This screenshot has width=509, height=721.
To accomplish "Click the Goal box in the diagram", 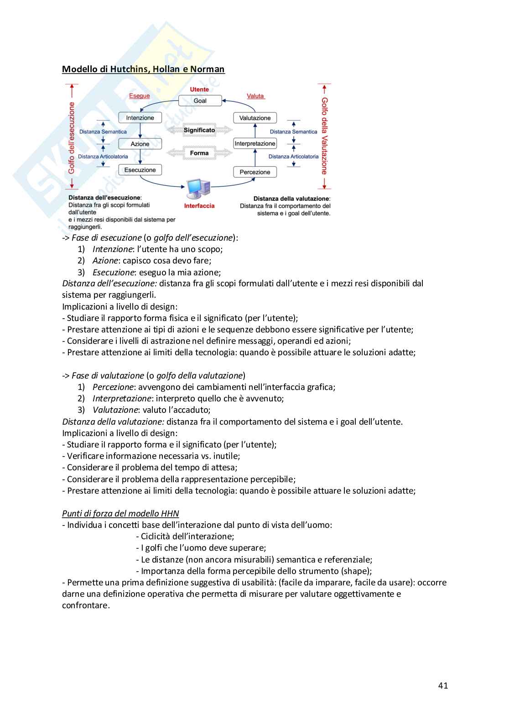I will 200,101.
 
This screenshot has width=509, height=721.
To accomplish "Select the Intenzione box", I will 140,118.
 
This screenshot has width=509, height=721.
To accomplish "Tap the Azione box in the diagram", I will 140,144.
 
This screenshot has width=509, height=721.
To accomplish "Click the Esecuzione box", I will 140,170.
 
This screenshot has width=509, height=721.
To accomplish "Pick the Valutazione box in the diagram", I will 255,118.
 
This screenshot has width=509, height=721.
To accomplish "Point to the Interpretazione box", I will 255,144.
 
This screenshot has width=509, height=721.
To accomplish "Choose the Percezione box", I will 255,172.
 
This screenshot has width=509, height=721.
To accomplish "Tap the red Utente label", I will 199,89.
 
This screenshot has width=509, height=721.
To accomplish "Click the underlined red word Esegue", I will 139,96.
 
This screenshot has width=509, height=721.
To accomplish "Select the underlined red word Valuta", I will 255,96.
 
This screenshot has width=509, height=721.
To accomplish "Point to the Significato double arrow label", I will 199,130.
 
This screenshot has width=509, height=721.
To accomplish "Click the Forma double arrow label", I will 199,153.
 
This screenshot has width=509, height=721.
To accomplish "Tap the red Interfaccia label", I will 199,206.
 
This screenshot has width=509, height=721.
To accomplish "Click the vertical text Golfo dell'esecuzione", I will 72,137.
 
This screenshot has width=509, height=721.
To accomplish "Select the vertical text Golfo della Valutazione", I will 324,136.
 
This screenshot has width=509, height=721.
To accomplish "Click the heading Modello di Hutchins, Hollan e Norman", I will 143,69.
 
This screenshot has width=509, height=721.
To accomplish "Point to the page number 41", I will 443,685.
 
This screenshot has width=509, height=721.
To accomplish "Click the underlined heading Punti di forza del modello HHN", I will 120,514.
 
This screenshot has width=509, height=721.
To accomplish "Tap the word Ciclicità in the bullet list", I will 156,537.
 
